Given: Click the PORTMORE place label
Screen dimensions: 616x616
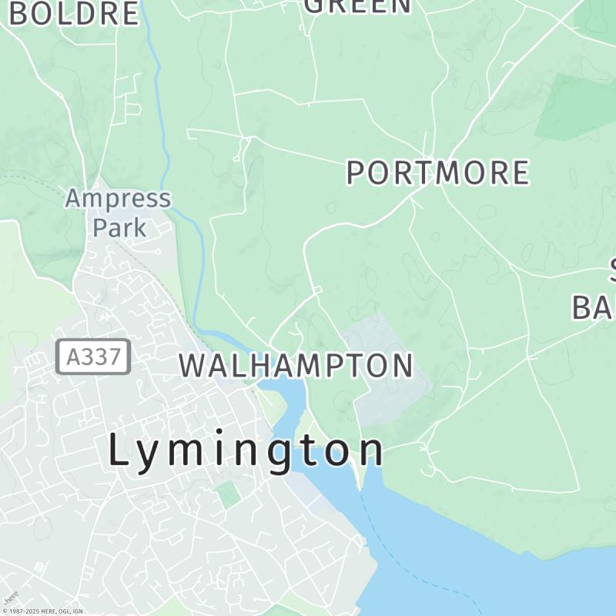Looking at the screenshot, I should click(437, 172).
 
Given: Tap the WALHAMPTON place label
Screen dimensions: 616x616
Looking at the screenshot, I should click(296, 365).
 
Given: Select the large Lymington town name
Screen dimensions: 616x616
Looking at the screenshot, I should click(245, 450).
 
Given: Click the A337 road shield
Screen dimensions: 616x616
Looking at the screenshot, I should click(93, 357).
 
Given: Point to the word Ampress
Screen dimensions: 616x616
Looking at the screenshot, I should click(117, 199).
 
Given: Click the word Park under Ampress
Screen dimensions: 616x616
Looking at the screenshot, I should click(119, 227).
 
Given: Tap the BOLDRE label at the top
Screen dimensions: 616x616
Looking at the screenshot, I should click(74, 12).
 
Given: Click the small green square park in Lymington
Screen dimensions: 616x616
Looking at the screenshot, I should click(228, 494).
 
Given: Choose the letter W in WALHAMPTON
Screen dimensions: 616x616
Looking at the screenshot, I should click(194, 365).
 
